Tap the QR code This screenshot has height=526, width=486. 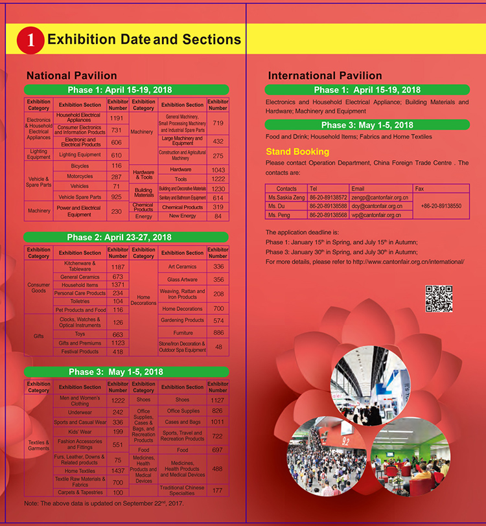point(439,299)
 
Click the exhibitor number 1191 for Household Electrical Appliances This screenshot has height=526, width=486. point(117,119)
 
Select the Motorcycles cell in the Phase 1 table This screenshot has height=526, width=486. point(80,176)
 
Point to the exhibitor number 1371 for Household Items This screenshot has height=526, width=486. point(118,285)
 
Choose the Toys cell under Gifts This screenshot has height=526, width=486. point(80,334)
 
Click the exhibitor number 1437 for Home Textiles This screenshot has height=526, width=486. point(118,471)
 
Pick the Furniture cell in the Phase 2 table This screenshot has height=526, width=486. point(182,333)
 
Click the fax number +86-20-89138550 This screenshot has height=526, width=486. point(441,205)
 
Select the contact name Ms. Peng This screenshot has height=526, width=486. point(280,214)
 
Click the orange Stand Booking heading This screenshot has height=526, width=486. point(297,152)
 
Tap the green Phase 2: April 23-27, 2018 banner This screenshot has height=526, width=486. point(126,237)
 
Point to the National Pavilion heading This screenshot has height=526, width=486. point(71,76)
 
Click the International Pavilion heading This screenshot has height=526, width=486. point(325,76)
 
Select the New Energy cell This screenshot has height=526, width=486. point(182,216)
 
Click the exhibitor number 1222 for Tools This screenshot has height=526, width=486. point(218,179)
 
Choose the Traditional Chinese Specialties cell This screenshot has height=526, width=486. point(182,490)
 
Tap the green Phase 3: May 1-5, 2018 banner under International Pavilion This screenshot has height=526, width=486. point(367,124)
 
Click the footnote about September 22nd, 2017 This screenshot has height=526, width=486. point(104,503)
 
